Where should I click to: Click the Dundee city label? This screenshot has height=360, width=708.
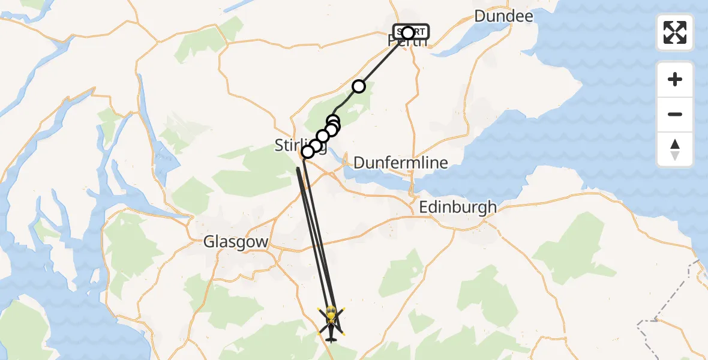click(x=503, y=16)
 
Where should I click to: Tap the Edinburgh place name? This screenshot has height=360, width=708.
click(x=458, y=208)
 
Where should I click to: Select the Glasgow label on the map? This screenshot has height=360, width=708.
click(x=235, y=242)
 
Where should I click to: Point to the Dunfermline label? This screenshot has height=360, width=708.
click(x=400, y=163)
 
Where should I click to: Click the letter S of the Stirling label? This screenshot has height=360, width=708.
click(x=278, y=145)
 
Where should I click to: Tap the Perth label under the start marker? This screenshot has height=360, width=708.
click(x=408, y=42)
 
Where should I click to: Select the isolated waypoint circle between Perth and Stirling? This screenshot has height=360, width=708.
click(x=358, y=86)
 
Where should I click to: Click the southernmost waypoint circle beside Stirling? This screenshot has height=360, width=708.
click(x=308, y=152)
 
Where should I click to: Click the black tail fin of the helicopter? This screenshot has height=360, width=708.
click(x=331, y=339)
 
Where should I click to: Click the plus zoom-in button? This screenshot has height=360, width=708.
click(x=675, y=79)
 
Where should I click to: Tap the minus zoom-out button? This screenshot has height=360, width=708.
click(x=675, y=114)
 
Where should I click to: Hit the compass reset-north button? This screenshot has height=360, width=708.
click(x=675, y=149)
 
